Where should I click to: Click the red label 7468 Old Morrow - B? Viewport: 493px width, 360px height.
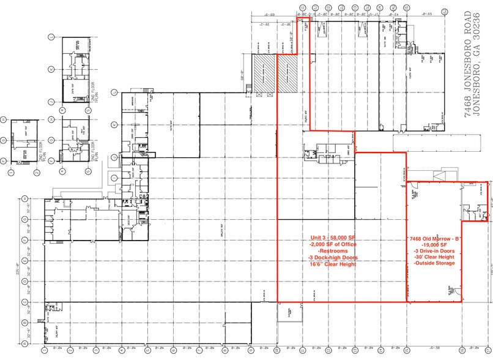pos(434,238)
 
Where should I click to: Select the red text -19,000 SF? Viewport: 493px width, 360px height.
pos(433,244)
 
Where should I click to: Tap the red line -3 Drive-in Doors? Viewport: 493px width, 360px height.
pos(433,250)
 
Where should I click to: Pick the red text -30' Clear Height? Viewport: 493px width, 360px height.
pos(433,257)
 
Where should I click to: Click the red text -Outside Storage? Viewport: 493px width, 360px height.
pos(433,263)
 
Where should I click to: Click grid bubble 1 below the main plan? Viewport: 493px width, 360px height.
pos(45,351)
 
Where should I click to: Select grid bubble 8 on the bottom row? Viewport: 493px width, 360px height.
pos(225,351)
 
